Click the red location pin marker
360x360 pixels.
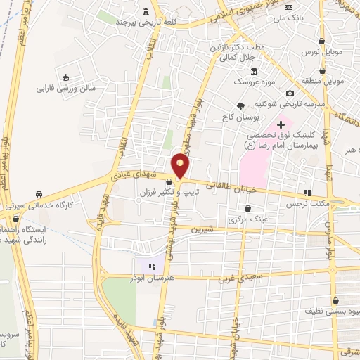pyautogui.click(x=181, y=166)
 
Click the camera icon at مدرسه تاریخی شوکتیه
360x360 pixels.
pyautogui.click(x=290, y=94)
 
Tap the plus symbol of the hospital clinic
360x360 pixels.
pyautogui.click(x=281, y=124)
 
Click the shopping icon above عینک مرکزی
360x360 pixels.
pyautogui.click(x=248, y=209)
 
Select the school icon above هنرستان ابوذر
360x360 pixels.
pyautogui.click(x=152, y=266)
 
